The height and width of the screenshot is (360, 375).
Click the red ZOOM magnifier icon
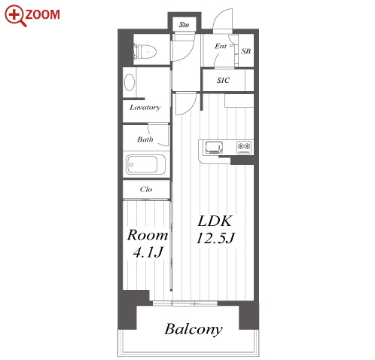(x=15, y=15)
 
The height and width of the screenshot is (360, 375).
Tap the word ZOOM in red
(x=43, y=14)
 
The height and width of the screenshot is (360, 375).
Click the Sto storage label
(x=184, y=25)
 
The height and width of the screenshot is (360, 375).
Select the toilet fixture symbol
(x=145, y=52)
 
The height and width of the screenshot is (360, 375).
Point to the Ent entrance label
(x=221, y=46)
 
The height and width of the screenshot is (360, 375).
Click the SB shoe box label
(x=246, y=51)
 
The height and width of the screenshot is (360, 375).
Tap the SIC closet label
(x=223, y=81)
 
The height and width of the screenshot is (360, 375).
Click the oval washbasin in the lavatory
(x=130, y=82)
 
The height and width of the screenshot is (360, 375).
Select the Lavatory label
(x=145, y=108)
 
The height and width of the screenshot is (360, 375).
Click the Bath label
(x=145, y=139)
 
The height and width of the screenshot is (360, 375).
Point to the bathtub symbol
(x=145, y=165)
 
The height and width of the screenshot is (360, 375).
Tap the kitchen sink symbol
(x=214, y=147)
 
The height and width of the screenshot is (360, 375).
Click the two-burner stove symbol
(x=244, y=147)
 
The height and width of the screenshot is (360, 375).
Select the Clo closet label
(x=146, y=189)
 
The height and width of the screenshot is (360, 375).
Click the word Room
(x=148, y=235)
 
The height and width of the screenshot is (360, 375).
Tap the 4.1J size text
(x=148, y=252)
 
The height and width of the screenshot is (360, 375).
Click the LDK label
(x=215, y=221)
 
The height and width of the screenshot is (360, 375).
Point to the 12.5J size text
(x=215, y=238)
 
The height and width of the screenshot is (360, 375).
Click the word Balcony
(x=194, y=329)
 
